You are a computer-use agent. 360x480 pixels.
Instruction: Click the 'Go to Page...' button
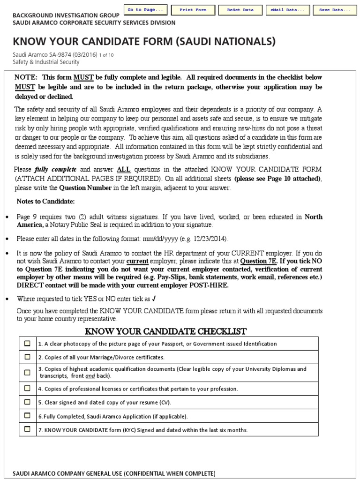[145, 10]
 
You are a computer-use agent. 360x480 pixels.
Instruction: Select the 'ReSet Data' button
[240, 10]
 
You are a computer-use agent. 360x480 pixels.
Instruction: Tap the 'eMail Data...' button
[287, 10]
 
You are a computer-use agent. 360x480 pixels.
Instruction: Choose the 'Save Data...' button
[335, 10]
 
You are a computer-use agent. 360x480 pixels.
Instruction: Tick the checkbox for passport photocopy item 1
[28, 344]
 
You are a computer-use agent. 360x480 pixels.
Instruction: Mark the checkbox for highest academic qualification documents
[28, 373]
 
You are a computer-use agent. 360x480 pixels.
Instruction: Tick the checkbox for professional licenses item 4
[28, 388]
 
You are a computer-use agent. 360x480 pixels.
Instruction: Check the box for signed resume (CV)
[28, 402]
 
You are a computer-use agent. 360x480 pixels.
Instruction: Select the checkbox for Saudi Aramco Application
[28, 415]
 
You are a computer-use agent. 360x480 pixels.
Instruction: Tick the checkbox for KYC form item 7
[28, 429]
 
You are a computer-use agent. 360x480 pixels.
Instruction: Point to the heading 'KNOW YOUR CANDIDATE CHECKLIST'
[165, 332]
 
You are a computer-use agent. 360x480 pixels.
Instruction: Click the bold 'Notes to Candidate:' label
[45, 201]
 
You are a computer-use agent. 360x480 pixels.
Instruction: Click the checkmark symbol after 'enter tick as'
[155, 299]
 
